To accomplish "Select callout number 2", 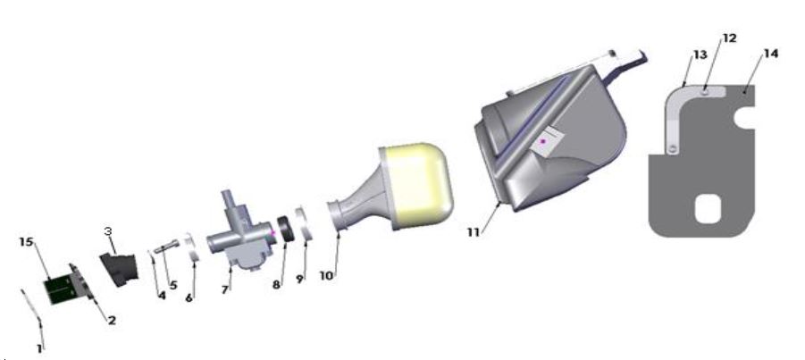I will (x=112, y=319).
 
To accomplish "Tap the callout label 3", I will (x=109, y=231).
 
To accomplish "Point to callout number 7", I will (x=225, y=289).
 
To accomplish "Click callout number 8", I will (x=276, y=285).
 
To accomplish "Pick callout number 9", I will (x=300, y=280).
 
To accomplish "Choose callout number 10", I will (x=327, y=275).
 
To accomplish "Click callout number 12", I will (x=729, y=38).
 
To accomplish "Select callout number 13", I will (x=694, y=54).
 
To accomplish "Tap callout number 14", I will (x=770, y=54).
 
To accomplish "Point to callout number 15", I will (x=26, y=241).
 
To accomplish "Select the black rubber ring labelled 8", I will (x=288, y=229).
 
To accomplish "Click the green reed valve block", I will (x=61, y=286).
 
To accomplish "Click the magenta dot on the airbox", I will (x=542, y=142).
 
